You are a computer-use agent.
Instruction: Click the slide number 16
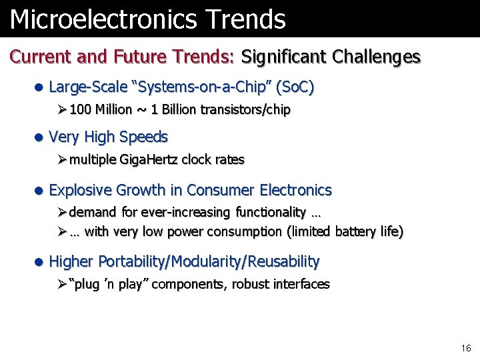465,348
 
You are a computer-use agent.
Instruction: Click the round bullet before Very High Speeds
39,138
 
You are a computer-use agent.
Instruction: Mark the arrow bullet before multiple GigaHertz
62,159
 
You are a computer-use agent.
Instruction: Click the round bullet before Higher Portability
39,262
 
